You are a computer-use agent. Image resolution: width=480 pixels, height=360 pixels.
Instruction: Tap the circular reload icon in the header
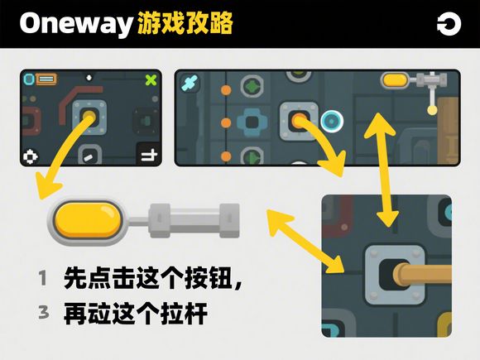(449, 24)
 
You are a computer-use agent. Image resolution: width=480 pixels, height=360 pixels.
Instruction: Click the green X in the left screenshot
(151, 79)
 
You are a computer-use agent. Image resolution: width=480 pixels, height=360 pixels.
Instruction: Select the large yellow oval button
(89, 220)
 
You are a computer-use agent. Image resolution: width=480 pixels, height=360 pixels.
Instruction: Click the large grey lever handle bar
(194, 220)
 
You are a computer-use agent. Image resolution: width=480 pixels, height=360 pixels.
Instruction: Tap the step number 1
(43, 278)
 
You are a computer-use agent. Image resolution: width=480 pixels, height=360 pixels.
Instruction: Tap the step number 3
(44, 312)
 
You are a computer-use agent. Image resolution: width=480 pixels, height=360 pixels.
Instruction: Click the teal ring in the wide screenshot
(332, 121)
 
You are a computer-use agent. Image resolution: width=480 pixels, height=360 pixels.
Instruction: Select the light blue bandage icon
(190, 83)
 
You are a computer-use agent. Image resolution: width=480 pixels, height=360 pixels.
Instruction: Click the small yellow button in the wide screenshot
(395, 80)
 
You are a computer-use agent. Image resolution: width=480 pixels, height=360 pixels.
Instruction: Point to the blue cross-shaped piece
(252, 122)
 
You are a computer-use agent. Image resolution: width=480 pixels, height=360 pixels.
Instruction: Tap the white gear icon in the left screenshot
(31, 156)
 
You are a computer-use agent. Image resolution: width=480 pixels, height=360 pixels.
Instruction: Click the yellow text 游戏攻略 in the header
(185, 23)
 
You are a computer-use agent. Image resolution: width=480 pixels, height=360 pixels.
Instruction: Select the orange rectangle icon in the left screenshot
(46, 79)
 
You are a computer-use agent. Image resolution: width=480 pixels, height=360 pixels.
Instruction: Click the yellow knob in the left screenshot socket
(89, 117)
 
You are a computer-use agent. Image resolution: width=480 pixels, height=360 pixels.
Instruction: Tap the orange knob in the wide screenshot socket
(299, 121)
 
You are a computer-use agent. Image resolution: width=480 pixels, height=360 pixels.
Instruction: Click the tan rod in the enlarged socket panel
(422, 274)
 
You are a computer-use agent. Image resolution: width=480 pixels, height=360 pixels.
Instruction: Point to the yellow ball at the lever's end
(432, 110)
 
